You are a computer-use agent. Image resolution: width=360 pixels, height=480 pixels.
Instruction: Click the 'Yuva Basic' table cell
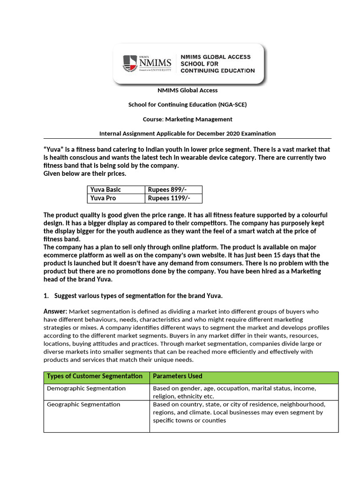(x=105, y=189)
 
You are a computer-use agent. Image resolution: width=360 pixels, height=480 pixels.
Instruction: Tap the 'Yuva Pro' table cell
(x=103, y=198)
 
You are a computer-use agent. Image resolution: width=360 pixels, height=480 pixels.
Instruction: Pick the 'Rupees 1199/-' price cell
(x=169, y=198)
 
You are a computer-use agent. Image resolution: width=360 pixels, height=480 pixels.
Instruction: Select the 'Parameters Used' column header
(x=178, y=376)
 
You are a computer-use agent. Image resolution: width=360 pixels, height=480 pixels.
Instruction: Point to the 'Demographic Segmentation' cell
(x=86, y=388)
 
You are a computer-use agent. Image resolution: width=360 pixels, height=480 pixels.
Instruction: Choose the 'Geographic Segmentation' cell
(x=83, y=404)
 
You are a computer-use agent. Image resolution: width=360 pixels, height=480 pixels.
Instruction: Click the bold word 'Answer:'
(x=55, y=311)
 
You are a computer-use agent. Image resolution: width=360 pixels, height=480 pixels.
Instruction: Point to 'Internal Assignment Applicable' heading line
(x=187, y=134)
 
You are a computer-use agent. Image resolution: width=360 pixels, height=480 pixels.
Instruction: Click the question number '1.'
(x=46, y=295)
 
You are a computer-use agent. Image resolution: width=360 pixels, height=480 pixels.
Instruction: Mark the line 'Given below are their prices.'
(x=84, y=173)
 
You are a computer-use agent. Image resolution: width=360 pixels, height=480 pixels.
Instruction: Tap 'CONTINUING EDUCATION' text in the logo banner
(x=217, y=71)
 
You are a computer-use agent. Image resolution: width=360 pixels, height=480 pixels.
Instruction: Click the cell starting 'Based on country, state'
(x=238, y=412)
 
